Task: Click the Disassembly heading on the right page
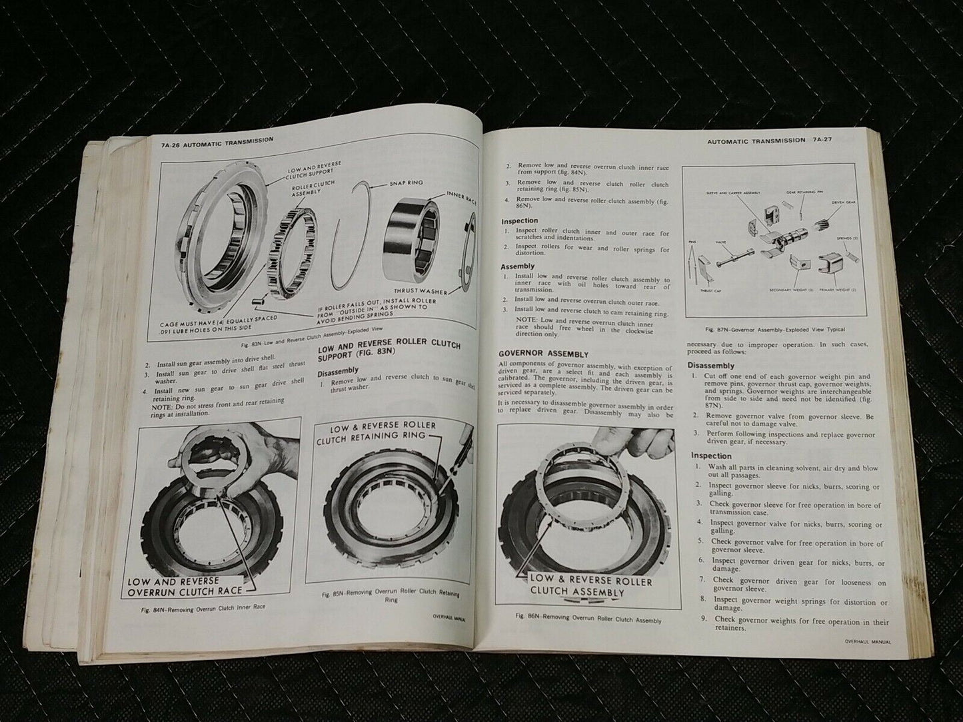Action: [710, 366]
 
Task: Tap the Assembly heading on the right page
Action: [518, 266]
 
